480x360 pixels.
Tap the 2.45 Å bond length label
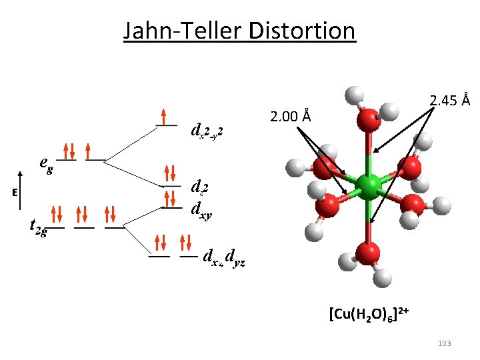450,101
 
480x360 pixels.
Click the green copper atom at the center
367,187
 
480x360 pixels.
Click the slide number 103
444,343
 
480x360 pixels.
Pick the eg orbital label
46,162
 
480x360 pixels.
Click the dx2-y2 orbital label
206,129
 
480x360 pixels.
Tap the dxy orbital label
202,208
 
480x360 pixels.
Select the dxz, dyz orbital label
225,256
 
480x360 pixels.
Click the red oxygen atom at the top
367,121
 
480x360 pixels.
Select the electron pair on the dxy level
171,198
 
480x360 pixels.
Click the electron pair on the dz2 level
171,174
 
